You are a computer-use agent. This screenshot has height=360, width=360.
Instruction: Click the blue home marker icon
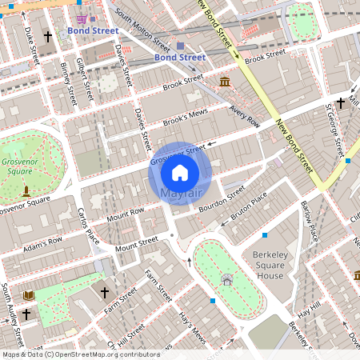pos(180,172)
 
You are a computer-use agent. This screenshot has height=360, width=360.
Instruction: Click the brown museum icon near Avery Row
pos(225,82)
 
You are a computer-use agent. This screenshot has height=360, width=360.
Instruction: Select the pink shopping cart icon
pos(82,18)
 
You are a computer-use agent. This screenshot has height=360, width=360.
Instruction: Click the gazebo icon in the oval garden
pos(228,279)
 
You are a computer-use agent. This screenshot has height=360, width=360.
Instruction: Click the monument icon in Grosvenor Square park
pos(26,190)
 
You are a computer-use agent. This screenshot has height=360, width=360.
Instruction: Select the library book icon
pos(30,296)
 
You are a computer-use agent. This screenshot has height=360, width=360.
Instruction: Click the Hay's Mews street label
pos(192,328)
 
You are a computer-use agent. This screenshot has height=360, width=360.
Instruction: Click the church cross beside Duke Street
pos(47,37)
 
